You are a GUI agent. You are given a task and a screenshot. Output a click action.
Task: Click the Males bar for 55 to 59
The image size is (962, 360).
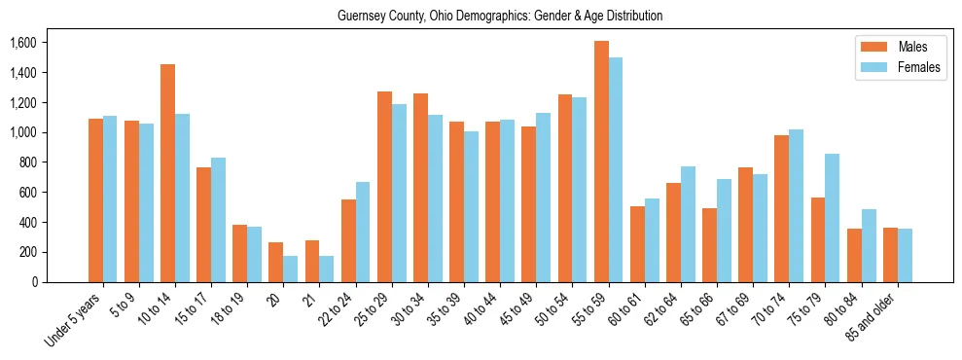[601, 162]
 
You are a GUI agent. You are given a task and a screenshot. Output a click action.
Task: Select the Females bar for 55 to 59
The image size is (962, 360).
[616, 169]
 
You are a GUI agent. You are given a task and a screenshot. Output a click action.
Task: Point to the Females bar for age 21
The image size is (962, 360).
[327, 269]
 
